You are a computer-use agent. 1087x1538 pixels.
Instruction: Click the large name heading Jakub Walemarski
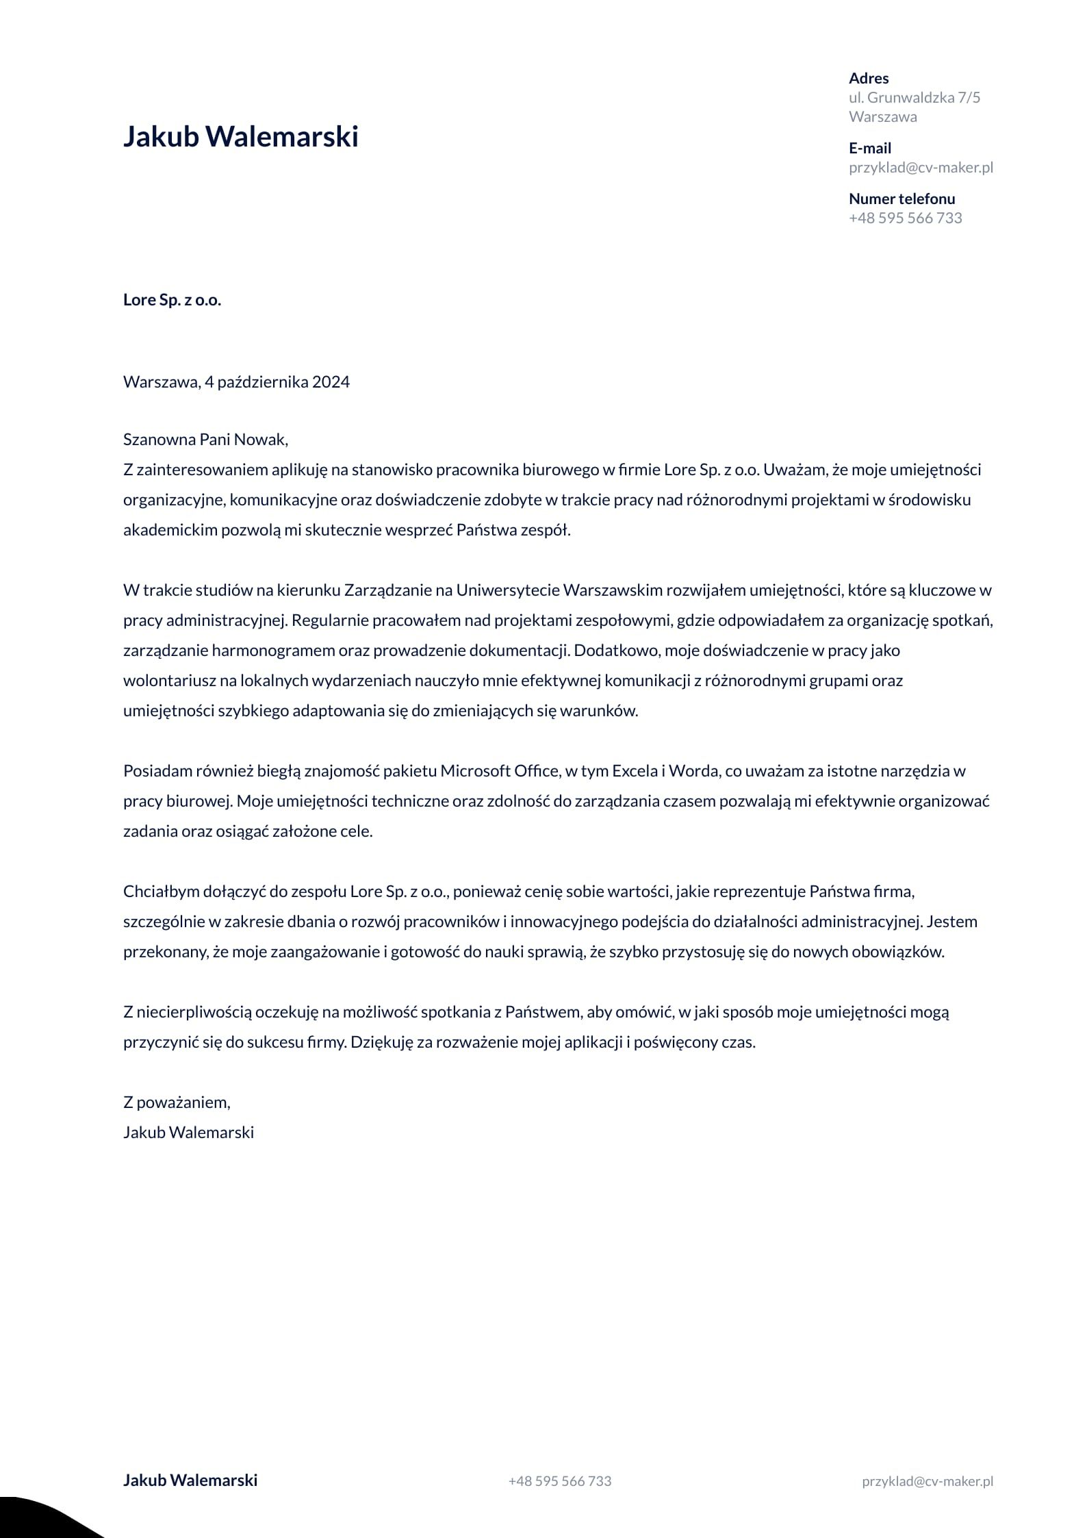pos(240,137)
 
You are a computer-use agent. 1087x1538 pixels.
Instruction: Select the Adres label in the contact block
pos(869,78)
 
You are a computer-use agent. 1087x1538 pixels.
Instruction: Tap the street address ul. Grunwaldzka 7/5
pos(914,97)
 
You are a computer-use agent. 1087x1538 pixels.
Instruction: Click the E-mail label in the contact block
pos(869,148)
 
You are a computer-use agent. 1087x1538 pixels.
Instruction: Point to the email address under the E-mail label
pos(921,167)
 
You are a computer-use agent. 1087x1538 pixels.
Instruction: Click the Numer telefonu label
pos(901,199)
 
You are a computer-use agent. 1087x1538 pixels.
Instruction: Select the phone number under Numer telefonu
pos(905,218)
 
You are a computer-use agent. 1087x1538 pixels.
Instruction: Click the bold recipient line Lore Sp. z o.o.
pos(172,300)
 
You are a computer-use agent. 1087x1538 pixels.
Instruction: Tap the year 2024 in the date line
pos(331,382)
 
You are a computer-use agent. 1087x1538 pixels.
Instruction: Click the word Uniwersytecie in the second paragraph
pos(506,590)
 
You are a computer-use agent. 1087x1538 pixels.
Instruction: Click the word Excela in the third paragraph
pos(634,771)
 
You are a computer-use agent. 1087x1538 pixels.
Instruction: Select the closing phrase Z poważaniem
pos(177,1102)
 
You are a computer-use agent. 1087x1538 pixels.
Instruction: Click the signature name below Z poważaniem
pos(188,1133)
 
